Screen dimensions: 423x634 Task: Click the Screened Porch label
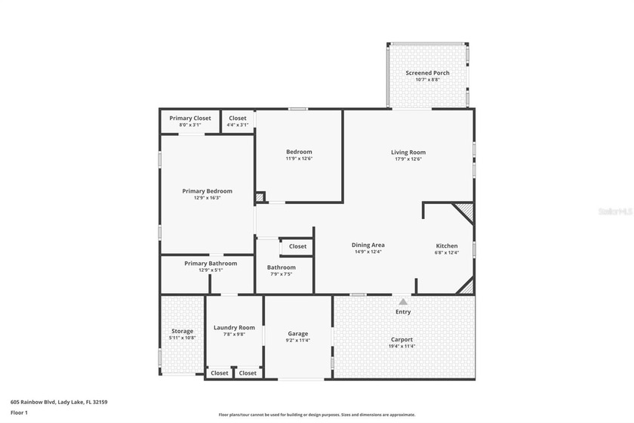tap(427, 73)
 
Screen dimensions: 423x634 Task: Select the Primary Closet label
tap(190, 119)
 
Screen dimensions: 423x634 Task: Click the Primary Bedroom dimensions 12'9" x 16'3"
tap(207, 198)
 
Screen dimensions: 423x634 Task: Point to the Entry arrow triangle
tap(403, 301)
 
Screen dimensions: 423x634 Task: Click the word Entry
tap(403, 312)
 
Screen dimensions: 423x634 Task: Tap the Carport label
tap(402, 339)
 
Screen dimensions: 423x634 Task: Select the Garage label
tap(298, 334)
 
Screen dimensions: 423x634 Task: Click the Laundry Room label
tap(234, 328)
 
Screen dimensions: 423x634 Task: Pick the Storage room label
tap(182, 331)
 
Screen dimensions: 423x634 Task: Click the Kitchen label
tap(447, 246)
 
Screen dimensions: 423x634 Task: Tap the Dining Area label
tap(368, 245)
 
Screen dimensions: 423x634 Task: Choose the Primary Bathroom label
tap(211, 264)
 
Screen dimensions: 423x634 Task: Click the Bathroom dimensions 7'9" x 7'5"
tap(282, 274)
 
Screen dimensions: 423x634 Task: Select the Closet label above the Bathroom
tap(297, 246)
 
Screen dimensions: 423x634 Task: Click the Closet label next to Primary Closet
tap(238, 119)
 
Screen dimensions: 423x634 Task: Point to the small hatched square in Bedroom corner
tap(260, 197)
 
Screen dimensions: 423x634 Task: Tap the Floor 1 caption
tap(19, 413)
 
